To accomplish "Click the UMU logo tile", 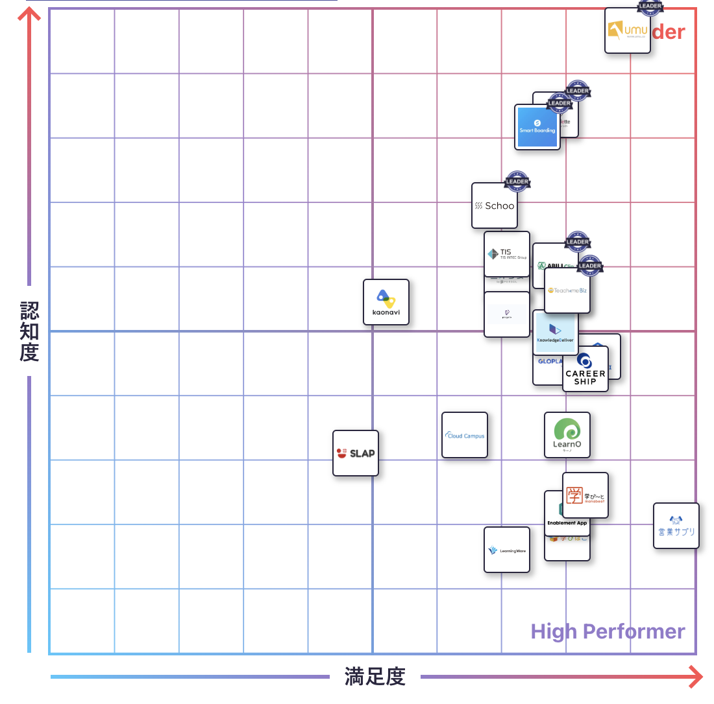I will click(x=627, y=30).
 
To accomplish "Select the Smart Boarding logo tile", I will click(x=537, y=127).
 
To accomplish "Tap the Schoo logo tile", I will click(x=495, y=205).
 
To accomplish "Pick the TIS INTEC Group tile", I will click(x=507, y=253).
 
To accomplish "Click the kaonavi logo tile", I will click(x=386, y=302).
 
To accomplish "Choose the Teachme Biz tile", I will click(x=567, y=290).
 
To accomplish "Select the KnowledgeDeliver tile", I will click(x=556, y=332).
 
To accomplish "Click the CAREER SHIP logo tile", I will click(x=585, y=370).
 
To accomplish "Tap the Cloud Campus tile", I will click(x=465, y=435).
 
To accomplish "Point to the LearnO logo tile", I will click(x=567, y=435).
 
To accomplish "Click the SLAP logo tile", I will click(x=356, y=453).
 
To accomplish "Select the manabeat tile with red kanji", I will click(x=585, y=495).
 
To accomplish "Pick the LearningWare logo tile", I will click(x=507, y=550).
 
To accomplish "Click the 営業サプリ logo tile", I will click(x=676, y=526).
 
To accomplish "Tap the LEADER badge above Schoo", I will click(x=517, y=181).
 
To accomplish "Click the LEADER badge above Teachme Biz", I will click(x=589, y=265).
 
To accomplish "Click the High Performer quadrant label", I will click(x=608, y=631).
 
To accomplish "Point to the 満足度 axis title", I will click(x=375, y=677).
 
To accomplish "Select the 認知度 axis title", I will click(x=29, y=331).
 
